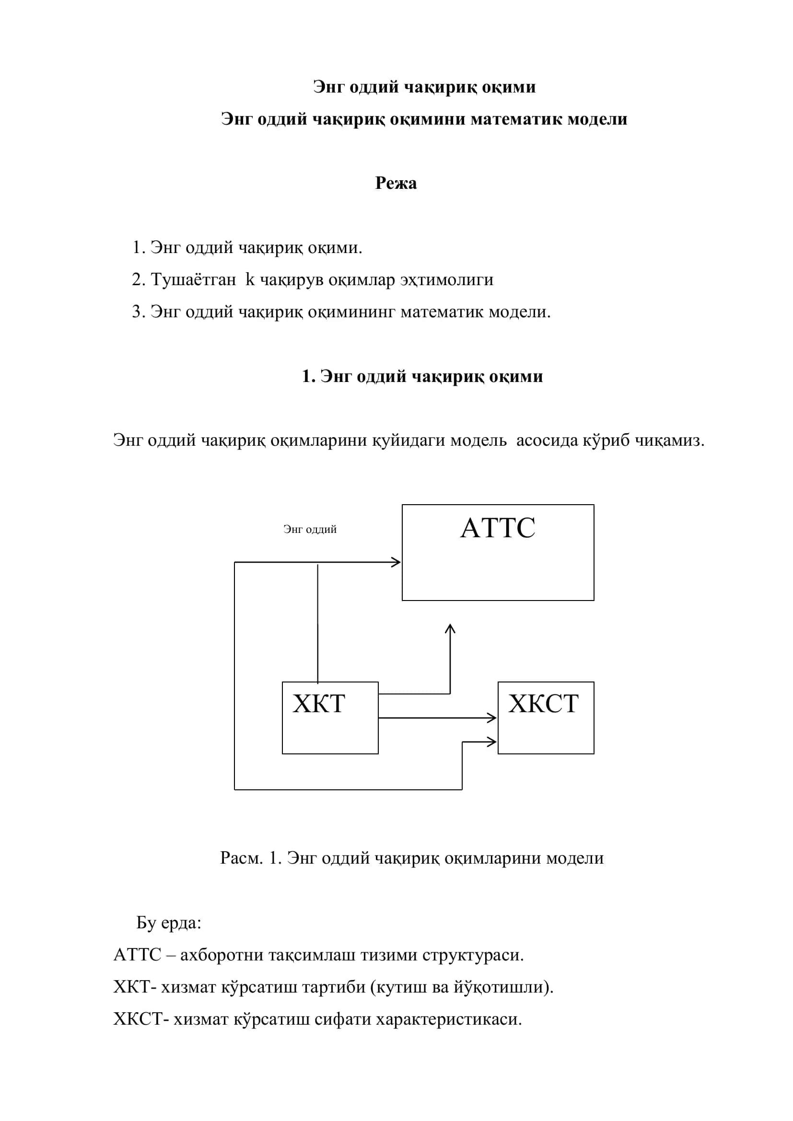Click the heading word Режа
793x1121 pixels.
[396, 183]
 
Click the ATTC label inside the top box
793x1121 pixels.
[498, 528]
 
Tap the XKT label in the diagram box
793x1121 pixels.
[319, 704]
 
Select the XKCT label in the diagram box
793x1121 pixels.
[543, 704]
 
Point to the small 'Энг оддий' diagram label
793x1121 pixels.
[310, 529]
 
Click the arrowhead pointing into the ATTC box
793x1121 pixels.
[396, 563]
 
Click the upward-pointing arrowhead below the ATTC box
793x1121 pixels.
[450, 629]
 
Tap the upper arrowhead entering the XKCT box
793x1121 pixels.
[492, 718]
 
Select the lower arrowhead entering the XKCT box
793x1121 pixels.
[492, 742]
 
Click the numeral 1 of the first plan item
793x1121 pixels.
[137, 247]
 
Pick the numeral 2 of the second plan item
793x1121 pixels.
[137, 280]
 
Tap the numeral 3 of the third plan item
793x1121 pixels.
[137, 312]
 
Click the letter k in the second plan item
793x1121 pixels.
[250, 279]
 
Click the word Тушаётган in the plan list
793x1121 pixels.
[193, 280]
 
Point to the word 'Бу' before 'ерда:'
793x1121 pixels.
[146, 922]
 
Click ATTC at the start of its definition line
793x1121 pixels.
[137, 955]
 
